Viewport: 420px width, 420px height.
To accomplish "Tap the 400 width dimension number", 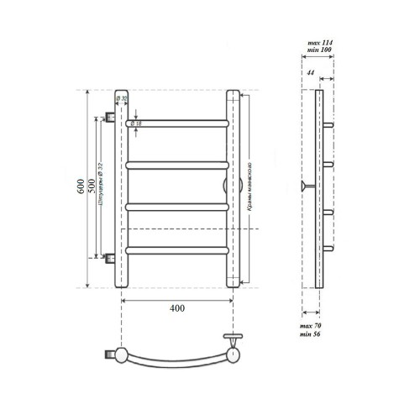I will click(x=176, y=308).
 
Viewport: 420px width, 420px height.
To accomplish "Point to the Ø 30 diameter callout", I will click(x=123, y=100).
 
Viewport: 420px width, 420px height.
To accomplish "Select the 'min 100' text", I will click(x=321, y=50).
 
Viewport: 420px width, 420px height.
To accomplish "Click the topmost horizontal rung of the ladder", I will click(x=176, y=123).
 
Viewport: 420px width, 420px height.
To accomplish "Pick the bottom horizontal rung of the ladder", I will click(x=176, y=249).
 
